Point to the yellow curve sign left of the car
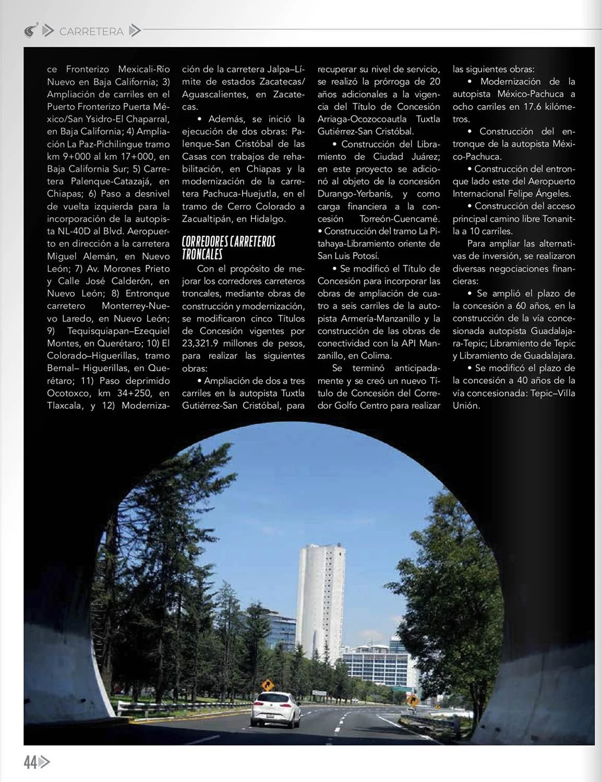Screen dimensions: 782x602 pos(268,684)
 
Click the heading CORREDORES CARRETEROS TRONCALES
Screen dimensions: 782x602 pos(228,248)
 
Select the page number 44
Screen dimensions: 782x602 pos(30,763)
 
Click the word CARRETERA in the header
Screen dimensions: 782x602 pos(91,32)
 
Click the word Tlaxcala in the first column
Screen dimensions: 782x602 pos(65,406)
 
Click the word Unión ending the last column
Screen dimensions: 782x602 pos(466,406)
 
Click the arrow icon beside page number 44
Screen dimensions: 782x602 pos(45,763)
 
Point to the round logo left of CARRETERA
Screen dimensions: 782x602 pos(30,31)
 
